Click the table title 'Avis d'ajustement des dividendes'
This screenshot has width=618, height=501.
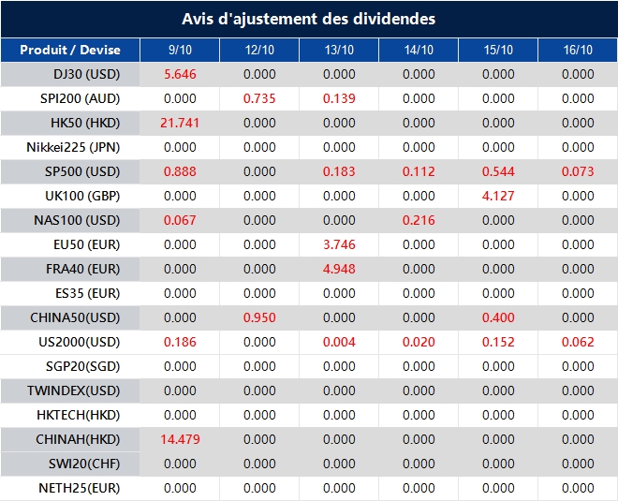tap(309, 19)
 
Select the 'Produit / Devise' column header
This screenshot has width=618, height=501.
tap(70, 50)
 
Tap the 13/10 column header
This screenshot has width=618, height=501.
tap(339, 50)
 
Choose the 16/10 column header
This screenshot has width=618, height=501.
tap(578, 50)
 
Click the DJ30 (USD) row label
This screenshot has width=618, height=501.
tap(87, 74)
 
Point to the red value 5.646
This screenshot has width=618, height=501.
tap(180, 74)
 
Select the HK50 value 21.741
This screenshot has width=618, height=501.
tap(180, 123)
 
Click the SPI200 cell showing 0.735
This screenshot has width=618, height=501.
tap(259, 98)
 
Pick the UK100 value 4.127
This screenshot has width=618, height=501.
tap(498, 196)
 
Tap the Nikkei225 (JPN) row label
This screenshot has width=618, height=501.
tap(73, 147)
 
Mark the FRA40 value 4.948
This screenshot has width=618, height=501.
tap(339, 269)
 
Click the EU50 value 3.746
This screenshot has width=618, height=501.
tap(339, 244)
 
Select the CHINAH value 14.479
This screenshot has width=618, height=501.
tap(180, 439)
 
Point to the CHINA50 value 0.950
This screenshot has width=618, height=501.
tap(259, 317)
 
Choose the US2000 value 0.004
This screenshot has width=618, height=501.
tap(339, 342)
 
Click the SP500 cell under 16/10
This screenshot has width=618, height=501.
tap(578, 171)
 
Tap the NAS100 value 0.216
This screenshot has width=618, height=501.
tap(419, 220)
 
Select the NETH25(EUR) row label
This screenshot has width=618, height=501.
tap(80, 488)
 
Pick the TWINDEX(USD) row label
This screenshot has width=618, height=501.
tap(73, 390)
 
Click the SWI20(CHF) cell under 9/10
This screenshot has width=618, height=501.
tap(180, 464)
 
